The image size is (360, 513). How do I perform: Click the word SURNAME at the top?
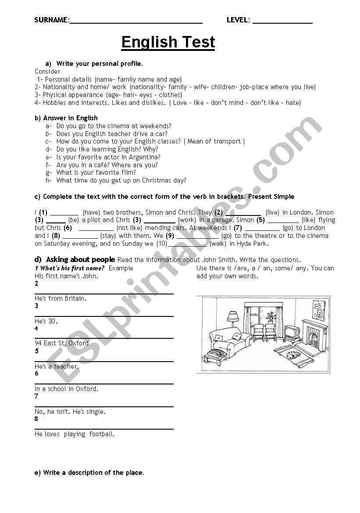coord(51,20)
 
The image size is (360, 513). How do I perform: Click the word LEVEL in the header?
coord(238,20)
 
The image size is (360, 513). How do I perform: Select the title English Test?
coord(168,42)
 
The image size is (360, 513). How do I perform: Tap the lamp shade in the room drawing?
coord(232,316)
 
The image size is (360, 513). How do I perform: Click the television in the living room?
coord(292,333)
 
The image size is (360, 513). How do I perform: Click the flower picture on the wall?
coord(318,310)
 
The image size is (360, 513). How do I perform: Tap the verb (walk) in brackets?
coord(218,244)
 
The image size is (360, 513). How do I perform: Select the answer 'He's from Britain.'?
coord(61,298)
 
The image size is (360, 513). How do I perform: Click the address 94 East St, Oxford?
coord(61,343)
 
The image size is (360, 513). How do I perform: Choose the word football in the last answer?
coord(102,434)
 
